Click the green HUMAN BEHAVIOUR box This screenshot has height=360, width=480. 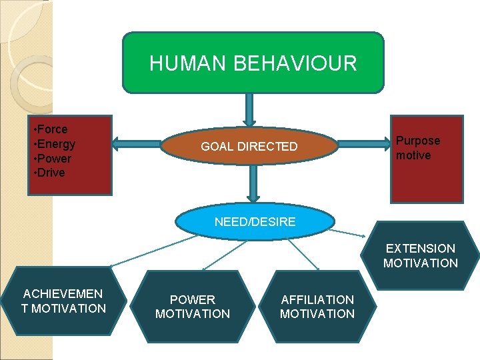[x=253, y=62]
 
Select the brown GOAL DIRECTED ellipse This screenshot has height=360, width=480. [x=249, y=146]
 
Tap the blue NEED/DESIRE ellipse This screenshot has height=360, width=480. [x=255, y=222]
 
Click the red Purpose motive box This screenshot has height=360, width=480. [x=426, y=159]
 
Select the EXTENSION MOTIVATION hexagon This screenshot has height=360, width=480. [x=421, y=255]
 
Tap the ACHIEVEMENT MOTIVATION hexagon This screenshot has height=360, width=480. [x=63, y=301]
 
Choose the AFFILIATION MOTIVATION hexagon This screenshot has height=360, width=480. [x=317, y=307]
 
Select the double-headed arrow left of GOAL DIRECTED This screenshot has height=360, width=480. [x=137, y=142]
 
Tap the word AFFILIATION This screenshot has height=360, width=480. [x=317, y=300]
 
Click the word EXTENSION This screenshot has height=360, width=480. [x=421, y=249]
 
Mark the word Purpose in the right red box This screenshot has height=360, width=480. [x=418, y=141]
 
